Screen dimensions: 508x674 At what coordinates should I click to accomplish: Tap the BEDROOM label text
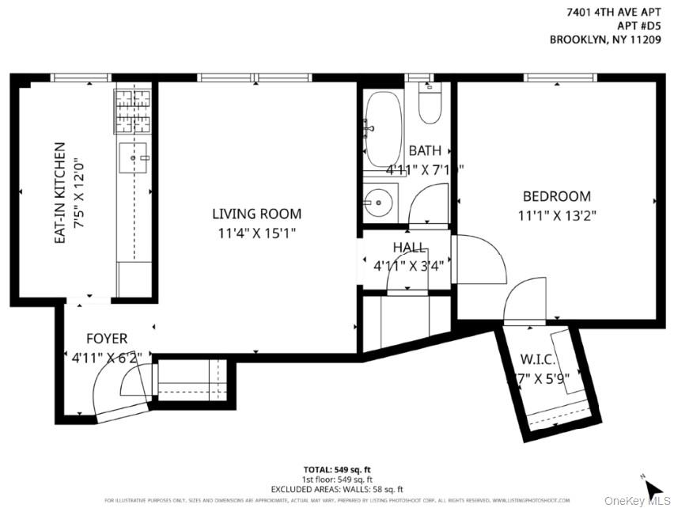click(555, 196)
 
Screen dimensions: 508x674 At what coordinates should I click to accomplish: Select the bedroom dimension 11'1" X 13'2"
click(555, 214)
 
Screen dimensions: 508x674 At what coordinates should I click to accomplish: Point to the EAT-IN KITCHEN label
click(59, 192)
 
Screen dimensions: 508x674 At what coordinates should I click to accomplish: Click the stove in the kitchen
click(132, 112)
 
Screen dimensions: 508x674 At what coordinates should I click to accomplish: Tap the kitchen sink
click(134, 157)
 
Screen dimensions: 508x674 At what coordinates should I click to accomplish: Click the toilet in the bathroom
click(430, 105)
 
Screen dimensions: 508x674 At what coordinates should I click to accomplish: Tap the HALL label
click(409, 248)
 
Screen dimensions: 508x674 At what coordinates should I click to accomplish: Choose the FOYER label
click(107, 339)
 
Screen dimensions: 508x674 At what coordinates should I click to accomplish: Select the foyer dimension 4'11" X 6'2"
click(106, 358)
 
